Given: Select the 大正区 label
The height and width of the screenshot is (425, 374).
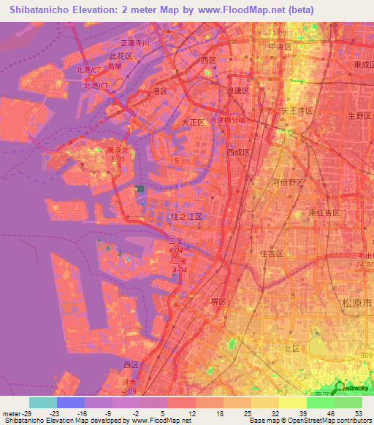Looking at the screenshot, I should pos(194,123).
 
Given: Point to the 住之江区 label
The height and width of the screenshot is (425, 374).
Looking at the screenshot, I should pos(186,217).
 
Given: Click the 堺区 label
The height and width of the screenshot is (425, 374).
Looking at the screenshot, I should pos(220,302).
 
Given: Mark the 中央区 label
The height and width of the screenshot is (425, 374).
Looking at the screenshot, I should pos(280,46).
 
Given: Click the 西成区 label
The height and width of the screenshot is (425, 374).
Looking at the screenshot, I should pos(238,153).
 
